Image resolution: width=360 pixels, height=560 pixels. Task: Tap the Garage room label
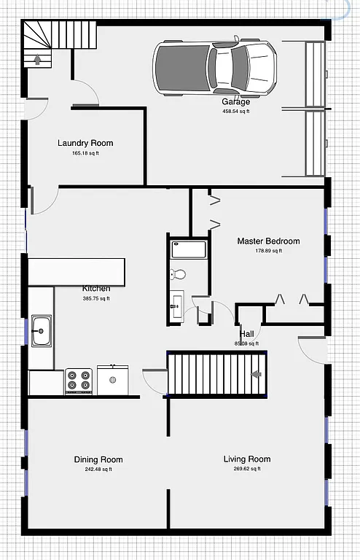click(x=236, y=102)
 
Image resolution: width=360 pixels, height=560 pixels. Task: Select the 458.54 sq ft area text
click(x=236, y=112)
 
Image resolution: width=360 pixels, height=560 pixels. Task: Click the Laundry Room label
click(x=85, y=143)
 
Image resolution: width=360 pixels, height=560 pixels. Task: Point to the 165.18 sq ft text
click(x=85, y=154)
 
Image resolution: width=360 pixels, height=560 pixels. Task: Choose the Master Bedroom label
click(x=268, y=241)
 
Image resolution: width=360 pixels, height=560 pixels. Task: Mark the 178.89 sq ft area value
click(x=268, y=251)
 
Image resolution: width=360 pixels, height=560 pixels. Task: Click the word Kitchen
click(x=96, y=288)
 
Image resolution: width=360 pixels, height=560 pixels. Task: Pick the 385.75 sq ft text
click(x=95, y=298)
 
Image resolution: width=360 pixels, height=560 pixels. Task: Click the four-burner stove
click(x=79, y=380)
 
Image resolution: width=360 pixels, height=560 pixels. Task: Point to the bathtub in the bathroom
click(x=189, y=249)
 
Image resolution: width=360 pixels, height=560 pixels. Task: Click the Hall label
click(x=246, y=333)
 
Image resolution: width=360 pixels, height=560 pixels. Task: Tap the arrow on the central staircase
click(x=256, y=374)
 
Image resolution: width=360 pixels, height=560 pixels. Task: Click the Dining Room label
click(x=98, y=459)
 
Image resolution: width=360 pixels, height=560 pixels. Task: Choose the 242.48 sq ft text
click(x=98, y=470)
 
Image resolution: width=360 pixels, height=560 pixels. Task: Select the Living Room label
click(x=246, y=459)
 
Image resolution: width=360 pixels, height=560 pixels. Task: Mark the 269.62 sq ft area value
click(x=246, y=469)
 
